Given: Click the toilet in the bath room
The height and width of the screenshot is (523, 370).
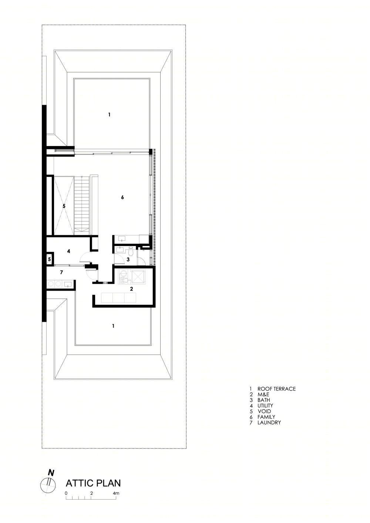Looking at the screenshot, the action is pyautogui.click(x=131, y=253).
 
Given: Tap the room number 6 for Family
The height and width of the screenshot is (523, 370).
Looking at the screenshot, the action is pyautogui.click(x=122, y=198).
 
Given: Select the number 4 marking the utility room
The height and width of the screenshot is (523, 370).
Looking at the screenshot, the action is pyautogui.click(x=68, y=251).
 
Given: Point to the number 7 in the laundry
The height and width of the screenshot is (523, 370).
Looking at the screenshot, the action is pyautogui.click(x=61, y=272).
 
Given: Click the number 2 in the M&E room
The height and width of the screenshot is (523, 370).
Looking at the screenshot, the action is pyautogui.click(x=131, y=289).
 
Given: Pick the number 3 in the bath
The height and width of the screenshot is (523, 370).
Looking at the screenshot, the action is pyautogui.click(x=128, y=259).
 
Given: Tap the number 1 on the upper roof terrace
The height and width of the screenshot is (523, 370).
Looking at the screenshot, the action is pyautogui.click(x=109, y=115).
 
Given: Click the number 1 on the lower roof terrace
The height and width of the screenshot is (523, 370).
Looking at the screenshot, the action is pyautogui.click(x=113, y=326).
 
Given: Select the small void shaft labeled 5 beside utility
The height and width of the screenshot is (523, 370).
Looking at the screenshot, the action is pyautogui.click(x=50, y=259).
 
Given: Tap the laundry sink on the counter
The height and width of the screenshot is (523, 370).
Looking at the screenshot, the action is pyautogui.click(x=68, y=284).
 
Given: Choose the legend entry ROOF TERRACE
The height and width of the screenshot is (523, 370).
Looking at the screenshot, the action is pyautogui.click(x=276, y=389).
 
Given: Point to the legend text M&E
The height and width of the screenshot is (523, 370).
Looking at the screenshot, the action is pyautogui.click(x=263, y=394).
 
